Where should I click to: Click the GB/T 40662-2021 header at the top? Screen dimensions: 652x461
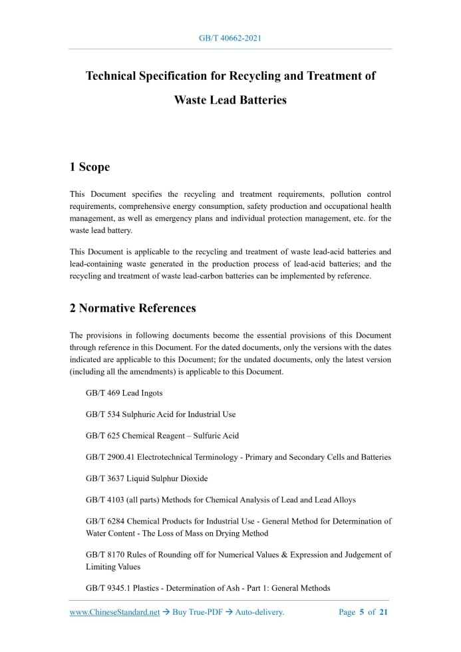coord(230,38)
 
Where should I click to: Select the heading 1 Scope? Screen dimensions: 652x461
coord(90,167)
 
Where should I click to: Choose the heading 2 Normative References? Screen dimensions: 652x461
coord(132,308)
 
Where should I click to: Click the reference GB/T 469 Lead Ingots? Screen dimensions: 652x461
coord(124,393)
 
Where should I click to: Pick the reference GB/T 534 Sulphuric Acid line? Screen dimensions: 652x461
coord(160,414)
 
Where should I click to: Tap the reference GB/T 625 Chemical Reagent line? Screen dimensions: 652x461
coord(162,436)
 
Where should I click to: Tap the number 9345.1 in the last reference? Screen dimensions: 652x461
coord(115,588)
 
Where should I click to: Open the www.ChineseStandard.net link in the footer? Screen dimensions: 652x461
coord(114,613)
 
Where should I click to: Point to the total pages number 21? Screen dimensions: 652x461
coord(383,613)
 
